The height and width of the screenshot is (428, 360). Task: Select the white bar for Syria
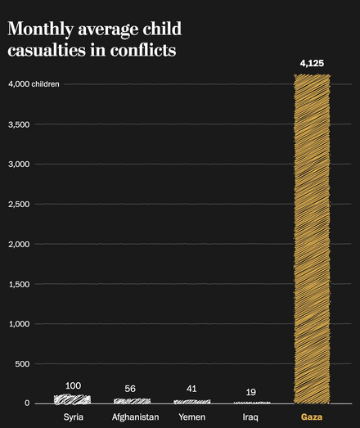[72, 399]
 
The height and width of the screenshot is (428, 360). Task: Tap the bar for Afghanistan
[132, 401]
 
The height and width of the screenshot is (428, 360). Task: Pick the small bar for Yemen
[191, 402]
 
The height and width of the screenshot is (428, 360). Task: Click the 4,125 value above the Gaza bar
[312, 62]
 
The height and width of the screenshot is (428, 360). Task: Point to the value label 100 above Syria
[73, 385]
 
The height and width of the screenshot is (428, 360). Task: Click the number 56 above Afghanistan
[131, 389]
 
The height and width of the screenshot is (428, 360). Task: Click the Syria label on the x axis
[73, 417]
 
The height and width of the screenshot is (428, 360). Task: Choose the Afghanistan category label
[135, 417]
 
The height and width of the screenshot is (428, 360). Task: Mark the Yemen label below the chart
[191, 417]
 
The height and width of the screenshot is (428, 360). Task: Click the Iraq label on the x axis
[251, 417]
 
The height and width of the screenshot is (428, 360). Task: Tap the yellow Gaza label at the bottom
[312, 417]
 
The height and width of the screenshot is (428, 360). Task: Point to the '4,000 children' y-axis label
[34, 84]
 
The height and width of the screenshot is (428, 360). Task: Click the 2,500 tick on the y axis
[19, 204]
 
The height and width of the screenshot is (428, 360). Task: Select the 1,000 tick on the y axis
[19, 324]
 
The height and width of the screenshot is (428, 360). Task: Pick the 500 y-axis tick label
[22, 363]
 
